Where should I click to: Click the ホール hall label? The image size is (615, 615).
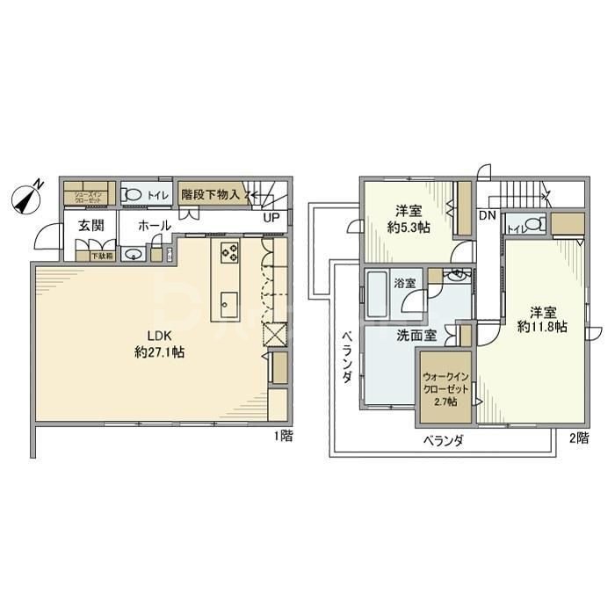155,226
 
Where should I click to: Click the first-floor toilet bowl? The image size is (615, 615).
134,194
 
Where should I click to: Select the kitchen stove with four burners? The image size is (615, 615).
230,252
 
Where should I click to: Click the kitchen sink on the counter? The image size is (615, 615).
228,304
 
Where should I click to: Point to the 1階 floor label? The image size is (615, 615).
281,436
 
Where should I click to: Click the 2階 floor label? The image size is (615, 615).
577,437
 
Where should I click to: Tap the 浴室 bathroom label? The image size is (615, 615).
405,284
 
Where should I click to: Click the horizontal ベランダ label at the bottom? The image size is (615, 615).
443,439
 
